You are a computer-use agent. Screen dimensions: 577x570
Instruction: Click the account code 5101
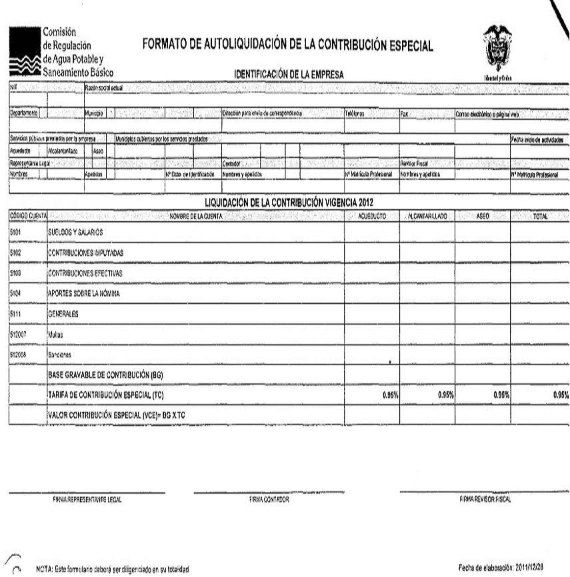coord(16,231)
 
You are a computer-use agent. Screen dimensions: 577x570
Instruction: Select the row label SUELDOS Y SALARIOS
coord(75,231)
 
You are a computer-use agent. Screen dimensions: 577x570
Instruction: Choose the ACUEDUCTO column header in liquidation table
coord(372,217)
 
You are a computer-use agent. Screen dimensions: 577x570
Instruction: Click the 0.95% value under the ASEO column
coord(501,395)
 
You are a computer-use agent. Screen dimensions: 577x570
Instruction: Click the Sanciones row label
coord(61,355)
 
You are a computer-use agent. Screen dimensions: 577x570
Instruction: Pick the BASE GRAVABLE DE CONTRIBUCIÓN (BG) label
coord(105,375)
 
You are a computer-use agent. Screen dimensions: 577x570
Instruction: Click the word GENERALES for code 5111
coord(63,313)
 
